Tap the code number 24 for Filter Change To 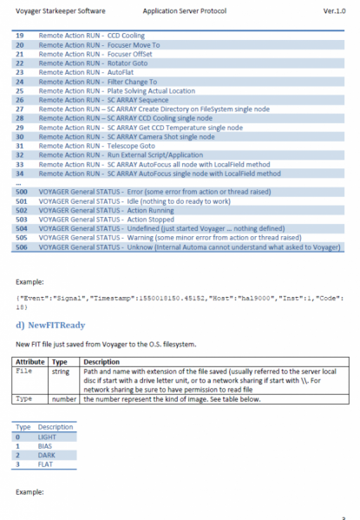[x=21, y=81]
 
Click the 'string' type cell [x=58, y=369]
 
